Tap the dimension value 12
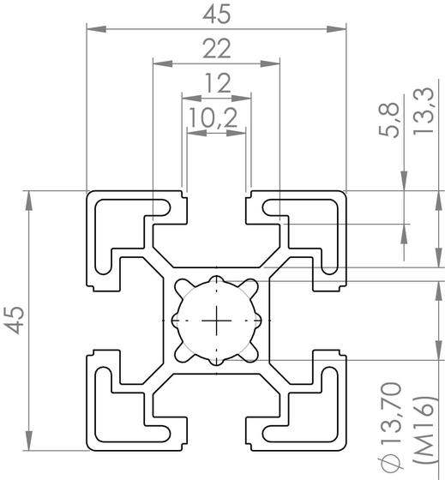point(217,83)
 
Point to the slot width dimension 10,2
point(214,118)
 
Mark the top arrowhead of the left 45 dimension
point(31,197)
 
